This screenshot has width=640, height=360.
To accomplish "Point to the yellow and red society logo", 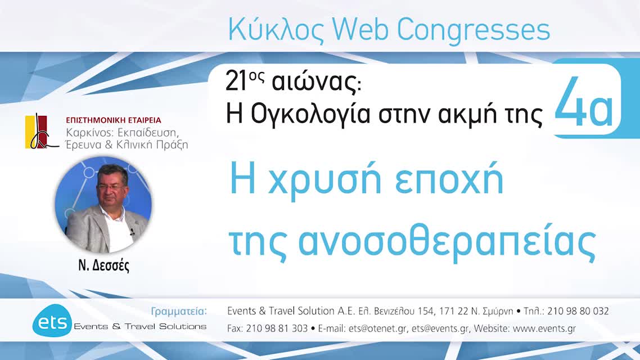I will point(39,131).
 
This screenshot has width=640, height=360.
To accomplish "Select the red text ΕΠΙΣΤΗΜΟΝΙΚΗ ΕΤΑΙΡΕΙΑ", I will point(114,120).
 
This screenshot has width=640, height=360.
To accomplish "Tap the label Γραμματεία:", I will point(179,311).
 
